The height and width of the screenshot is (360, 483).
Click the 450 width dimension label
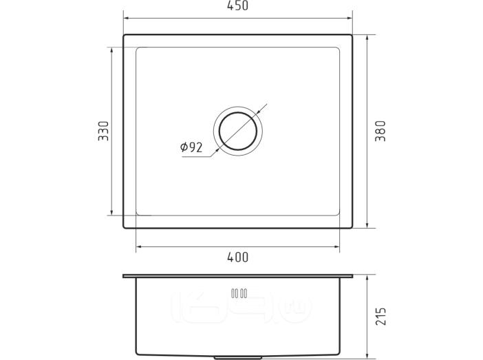tap(237, 6)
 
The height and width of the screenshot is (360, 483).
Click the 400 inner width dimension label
tap(237, 257)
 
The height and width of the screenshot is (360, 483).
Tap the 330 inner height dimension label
tap(103, 131)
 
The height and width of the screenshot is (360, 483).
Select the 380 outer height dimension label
tap(380, 131)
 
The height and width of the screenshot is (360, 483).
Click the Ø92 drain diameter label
tap(191, 147)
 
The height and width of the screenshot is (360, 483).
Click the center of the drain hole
tap(238, 131)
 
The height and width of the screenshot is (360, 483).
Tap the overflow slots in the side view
tap(239, 293)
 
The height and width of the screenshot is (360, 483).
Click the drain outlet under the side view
tap(238, 358)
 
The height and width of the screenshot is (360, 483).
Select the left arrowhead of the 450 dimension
tap(127, 18)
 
